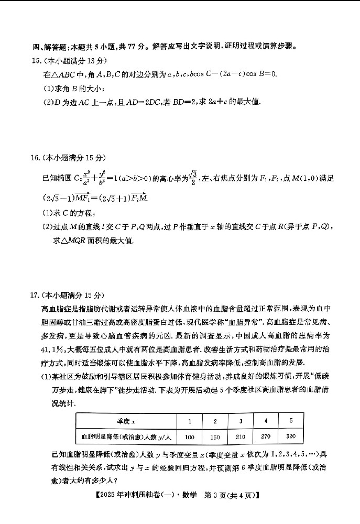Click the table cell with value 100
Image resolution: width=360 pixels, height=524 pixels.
coord(190,436)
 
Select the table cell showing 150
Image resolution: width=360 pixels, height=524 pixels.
coord(215,436)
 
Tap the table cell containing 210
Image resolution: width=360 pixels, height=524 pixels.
coord(241,436)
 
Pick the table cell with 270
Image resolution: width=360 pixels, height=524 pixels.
coord(267,436)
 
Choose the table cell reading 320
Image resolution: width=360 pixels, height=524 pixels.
coord(291,436)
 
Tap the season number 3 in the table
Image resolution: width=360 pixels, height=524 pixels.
coord(241,421)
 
